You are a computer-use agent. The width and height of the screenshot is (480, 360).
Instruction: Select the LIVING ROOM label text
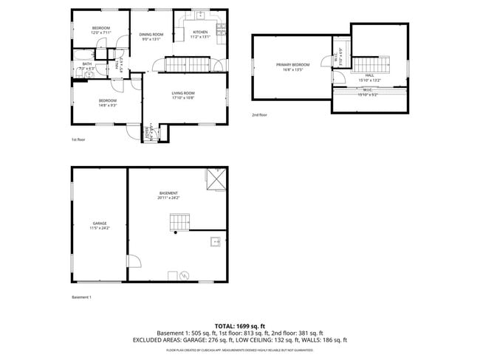click(x=182, y=94)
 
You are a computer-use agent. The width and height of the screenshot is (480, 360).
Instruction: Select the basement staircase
click(x=180, y=222)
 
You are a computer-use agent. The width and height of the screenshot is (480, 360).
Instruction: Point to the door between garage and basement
click(x=133, y=260)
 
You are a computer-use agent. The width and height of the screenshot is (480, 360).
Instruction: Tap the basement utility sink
click(x=216, y=240)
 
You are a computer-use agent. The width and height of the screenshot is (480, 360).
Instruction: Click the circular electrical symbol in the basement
click(x=185, y=276)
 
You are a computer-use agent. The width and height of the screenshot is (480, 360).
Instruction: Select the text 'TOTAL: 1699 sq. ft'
click(x=240, y=325)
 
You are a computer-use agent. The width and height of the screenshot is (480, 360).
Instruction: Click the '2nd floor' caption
click(x=259, y=115)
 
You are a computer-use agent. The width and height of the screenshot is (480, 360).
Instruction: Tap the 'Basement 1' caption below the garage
click(x=81, y=297)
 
